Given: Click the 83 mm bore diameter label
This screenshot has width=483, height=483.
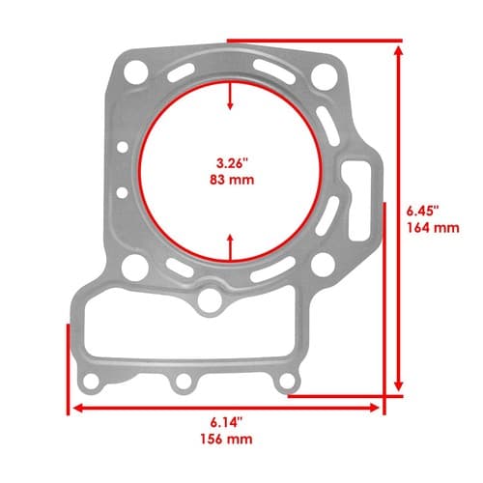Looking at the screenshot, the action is click(x=232, y=180).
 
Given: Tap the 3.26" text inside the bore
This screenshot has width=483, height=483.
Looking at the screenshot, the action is click(x=231, y=163).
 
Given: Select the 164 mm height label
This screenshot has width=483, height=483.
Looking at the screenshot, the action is click(x=433, y=228).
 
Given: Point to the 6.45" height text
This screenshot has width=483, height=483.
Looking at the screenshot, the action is click(x=423, y=212).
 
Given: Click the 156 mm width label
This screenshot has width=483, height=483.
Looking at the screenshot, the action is click(x=226, y=439).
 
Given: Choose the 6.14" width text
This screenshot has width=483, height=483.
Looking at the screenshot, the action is click(x=226, y=423).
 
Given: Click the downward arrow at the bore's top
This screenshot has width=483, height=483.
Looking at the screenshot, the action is click(x=230, y=96).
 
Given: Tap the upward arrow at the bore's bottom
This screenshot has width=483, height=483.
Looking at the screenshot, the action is click(x=230, y=247).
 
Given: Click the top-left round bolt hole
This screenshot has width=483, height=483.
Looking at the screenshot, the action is click(x=135, y=71).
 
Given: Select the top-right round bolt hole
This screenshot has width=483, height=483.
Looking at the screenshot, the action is click(x=325, y=77).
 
